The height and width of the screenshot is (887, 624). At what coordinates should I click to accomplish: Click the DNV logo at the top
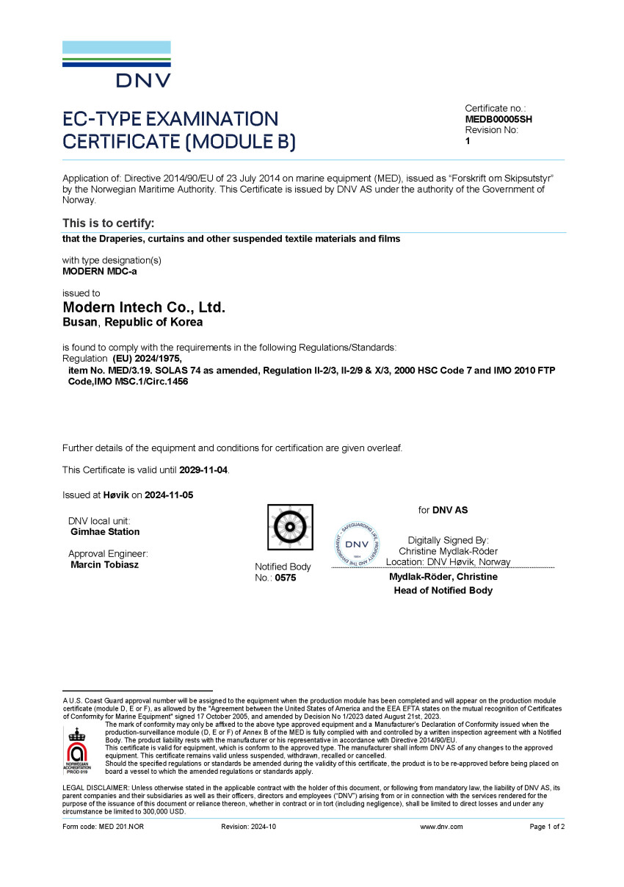tap(117, 65)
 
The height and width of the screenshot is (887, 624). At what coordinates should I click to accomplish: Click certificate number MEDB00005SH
tap(498, 119)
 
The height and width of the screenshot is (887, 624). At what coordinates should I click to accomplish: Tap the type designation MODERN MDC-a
tap(99, 271)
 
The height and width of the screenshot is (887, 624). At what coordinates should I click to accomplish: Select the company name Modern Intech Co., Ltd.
tap(144, 308)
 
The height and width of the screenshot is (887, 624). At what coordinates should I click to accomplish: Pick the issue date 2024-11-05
tap(169, 495)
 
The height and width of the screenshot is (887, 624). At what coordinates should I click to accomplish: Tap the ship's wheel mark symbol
tap(289, 528)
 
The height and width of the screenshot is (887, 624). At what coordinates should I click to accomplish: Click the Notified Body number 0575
tap(286, 578)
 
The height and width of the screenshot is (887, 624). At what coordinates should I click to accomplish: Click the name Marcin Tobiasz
tap(104, 565)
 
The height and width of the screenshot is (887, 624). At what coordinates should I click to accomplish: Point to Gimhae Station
tap(105, 532)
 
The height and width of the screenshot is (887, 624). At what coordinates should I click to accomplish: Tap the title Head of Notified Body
tap(443, 591)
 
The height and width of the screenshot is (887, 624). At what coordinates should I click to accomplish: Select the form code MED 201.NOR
tap(103, 827)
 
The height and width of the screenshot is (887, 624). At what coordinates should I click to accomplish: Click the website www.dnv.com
tap(441, 827)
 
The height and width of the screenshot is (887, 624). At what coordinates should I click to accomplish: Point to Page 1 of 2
tap(547, 827)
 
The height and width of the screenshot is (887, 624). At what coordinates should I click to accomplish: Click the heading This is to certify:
tap(108, 223)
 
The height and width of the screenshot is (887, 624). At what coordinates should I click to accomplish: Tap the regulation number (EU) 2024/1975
tap(147, 359)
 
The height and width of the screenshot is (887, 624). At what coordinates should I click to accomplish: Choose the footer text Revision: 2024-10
tap(248, 827)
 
